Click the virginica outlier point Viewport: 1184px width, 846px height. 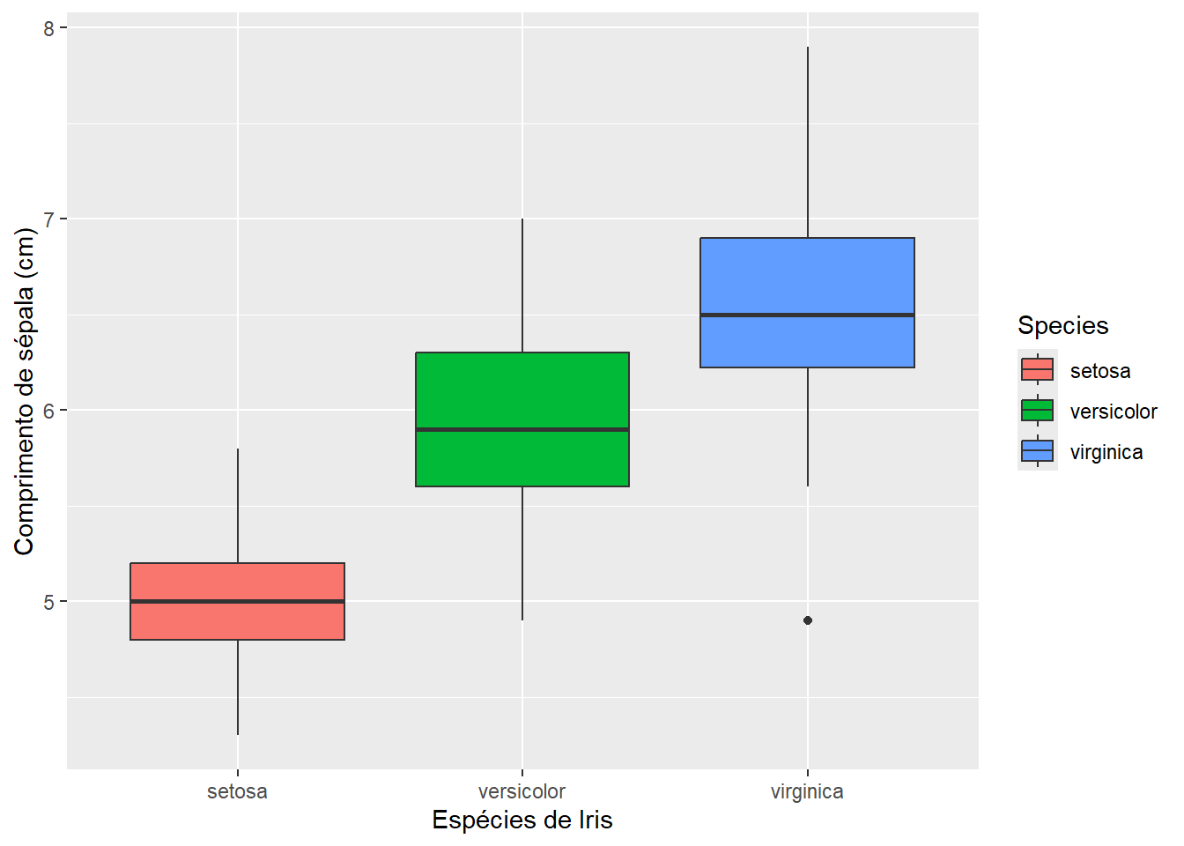808,620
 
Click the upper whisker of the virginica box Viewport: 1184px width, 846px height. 808,141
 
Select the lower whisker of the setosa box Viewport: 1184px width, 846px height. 238,687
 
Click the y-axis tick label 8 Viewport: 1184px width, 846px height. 48,28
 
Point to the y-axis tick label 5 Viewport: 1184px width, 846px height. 48,602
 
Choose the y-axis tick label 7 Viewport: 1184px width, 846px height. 48,219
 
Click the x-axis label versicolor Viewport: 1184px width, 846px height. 522,791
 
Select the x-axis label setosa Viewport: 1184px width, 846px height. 237,791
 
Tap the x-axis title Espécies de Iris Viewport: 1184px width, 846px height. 522,820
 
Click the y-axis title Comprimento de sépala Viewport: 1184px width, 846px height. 25,391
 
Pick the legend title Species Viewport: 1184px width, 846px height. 1062,325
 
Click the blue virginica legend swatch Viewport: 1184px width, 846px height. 1037,451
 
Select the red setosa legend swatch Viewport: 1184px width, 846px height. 1037,370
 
